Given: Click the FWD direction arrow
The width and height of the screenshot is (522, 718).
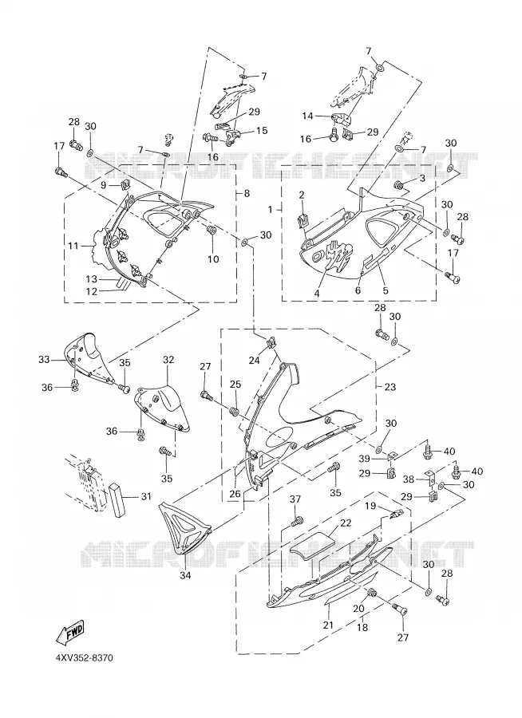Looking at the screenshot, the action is click(x=69, y=633).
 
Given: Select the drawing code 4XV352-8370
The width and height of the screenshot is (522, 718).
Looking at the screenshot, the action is click(x=84, y=658).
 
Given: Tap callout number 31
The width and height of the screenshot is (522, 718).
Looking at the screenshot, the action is click(x=146, y=496).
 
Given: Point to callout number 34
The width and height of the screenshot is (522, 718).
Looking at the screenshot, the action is click(x=184, y=575).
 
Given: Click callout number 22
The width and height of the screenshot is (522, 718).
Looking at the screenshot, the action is click(x=346, y=523).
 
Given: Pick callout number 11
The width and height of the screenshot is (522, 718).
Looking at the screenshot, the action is click(x=73, y=247).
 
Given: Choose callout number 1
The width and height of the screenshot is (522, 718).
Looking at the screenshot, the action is click(x=271, y=209).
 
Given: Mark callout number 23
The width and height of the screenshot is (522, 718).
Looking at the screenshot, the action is click(x=390, y=387).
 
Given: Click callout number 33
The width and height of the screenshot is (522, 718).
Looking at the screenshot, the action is click(x=44, y=360).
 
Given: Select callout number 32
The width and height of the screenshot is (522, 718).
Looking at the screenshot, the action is click(x=168, y=360).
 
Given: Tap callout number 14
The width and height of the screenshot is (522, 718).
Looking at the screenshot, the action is click(x=307, y=116).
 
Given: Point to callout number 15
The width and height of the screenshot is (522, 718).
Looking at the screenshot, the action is click(x=262, y=131).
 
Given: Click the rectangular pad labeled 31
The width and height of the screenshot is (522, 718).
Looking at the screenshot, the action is click(x=117, y=499).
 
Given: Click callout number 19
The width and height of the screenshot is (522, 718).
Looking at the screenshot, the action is click(x=370, y=506).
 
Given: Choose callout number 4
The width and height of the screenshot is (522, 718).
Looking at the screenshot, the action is click(x=316, y=294).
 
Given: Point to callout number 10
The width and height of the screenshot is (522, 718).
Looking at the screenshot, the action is click(x=213, y=259).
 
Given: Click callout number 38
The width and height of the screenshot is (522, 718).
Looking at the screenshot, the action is click(x=409, y=479).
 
